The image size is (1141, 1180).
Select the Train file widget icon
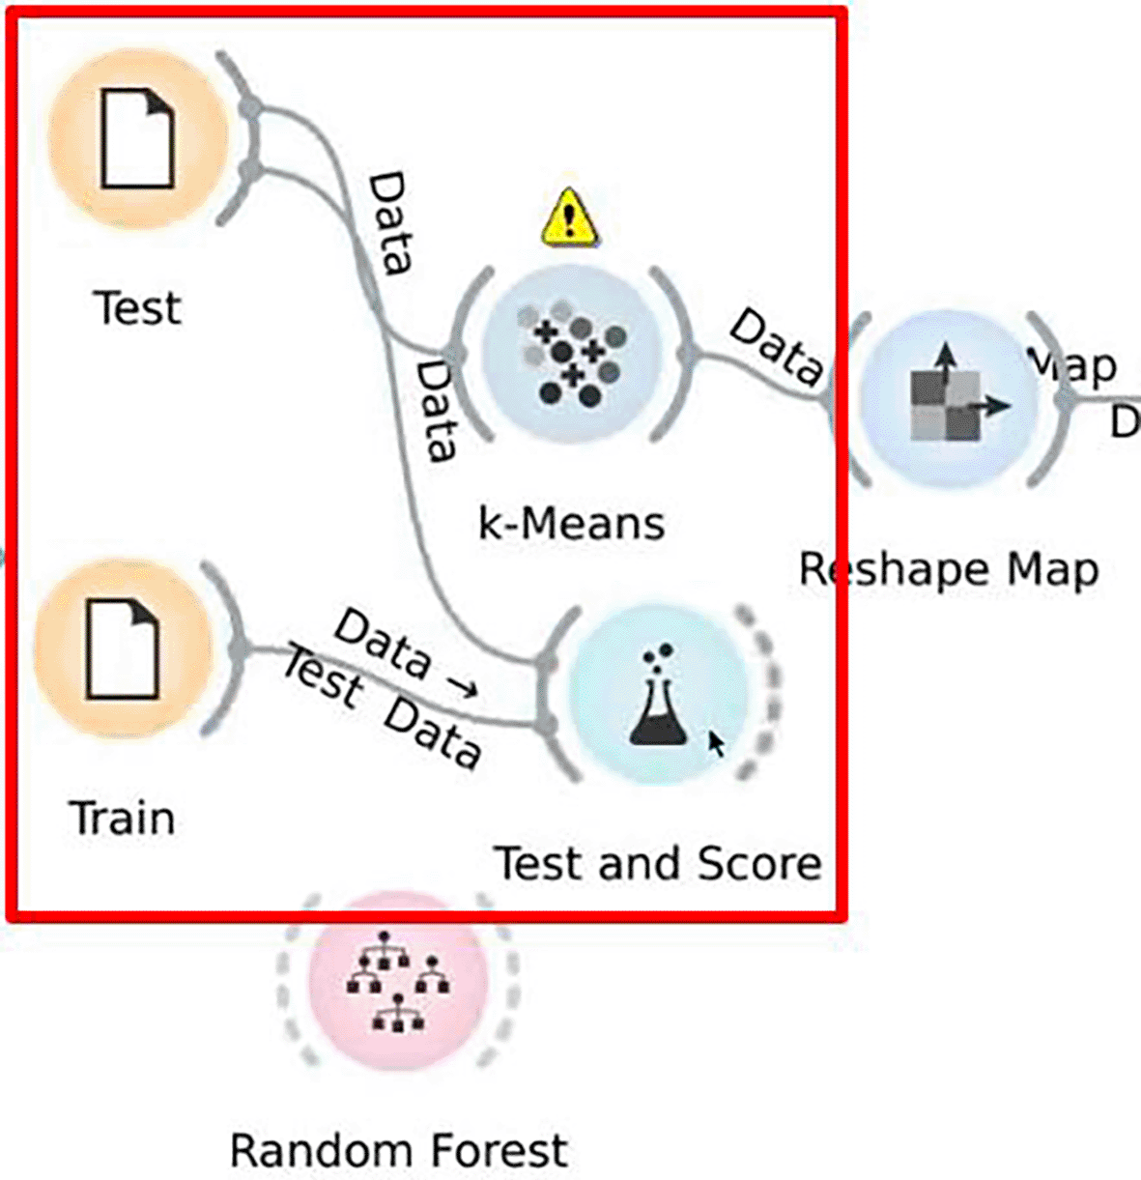click(123, 648)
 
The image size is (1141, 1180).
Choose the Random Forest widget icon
click(397, 981)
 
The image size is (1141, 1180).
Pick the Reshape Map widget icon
click(948, 399)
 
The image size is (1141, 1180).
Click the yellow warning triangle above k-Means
click(569, 216)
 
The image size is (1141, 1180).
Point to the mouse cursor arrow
click(716, 744)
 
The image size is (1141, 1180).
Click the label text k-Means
click(571, 524)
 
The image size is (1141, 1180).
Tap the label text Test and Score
click(658, 863)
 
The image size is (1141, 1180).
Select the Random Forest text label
click(398, 1151)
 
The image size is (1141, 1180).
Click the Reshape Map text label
click(948, 569)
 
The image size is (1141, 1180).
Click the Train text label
click(123, 819)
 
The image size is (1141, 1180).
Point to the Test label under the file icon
click(137, 308)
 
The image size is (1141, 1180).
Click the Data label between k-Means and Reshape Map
click(776, 346)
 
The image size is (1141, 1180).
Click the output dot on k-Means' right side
click(688, 355)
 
